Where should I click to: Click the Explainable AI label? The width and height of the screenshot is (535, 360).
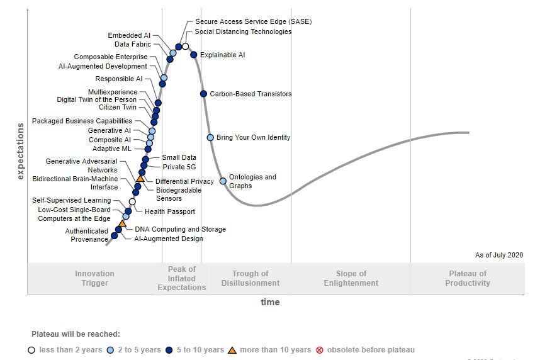point(222,55)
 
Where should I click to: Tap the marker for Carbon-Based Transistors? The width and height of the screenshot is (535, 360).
point(203,94)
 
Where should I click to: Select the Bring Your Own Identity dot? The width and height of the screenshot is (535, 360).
point(210,137)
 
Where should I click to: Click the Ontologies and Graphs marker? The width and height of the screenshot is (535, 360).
point(223,181)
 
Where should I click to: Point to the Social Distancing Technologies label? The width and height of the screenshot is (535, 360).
point(243,31)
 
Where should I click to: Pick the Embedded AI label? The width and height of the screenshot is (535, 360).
point(129,35)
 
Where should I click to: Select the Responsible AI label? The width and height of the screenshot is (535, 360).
point(119,79)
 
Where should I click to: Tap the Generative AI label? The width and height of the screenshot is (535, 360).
point(110,130)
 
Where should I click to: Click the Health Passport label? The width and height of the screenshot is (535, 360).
point(170,211)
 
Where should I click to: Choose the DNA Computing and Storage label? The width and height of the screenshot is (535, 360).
point(180,229)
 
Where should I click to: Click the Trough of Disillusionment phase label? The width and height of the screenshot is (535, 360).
point(250,278)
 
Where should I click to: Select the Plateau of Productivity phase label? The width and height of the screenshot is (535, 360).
point(468,278)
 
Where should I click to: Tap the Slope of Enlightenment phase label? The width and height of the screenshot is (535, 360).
point(351,278)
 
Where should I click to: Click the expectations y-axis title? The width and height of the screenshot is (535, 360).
point(20,151)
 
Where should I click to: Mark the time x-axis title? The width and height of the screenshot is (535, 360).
point(270,302)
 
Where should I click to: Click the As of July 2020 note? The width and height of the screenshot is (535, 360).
point(499,255)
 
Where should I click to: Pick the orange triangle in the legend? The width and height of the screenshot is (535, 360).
point(232,350)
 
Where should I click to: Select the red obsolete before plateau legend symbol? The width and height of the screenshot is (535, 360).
point(320,350)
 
